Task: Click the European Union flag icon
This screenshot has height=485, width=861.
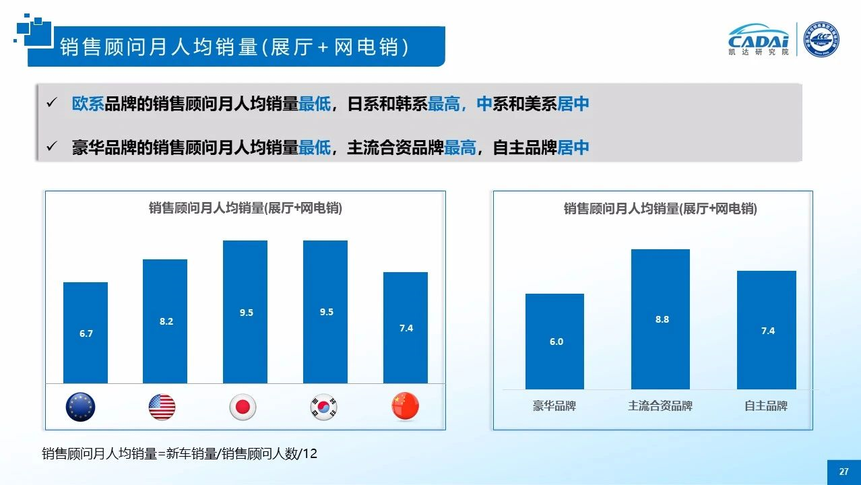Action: [81, 407]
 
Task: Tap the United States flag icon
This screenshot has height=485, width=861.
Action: [162, 407]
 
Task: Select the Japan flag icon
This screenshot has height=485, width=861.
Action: [243, 407]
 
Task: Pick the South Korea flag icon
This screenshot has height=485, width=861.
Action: [323, 407]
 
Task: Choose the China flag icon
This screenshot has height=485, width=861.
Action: [405, 406]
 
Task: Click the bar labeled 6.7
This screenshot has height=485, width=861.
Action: [86, 333]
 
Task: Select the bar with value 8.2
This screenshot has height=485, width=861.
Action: [165, 321]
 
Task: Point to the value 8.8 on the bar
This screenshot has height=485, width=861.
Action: [662, 319]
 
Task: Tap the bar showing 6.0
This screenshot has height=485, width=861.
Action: [554, 342]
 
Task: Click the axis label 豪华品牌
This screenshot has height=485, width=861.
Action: [554, 406]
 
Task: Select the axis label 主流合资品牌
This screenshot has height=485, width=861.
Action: [660, 406]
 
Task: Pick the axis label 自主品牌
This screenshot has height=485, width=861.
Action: [766, 406]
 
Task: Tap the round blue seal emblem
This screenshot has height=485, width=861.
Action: [821, 39]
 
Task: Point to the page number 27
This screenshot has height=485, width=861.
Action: [843, 472]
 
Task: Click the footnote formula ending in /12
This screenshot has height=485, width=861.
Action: [179, 454]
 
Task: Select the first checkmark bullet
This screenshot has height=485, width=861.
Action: [51, 104]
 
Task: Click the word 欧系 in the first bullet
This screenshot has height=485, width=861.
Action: [88, 104]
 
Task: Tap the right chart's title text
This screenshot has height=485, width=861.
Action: [660, 209]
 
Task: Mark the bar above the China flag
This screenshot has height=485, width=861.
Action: [406, 327]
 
